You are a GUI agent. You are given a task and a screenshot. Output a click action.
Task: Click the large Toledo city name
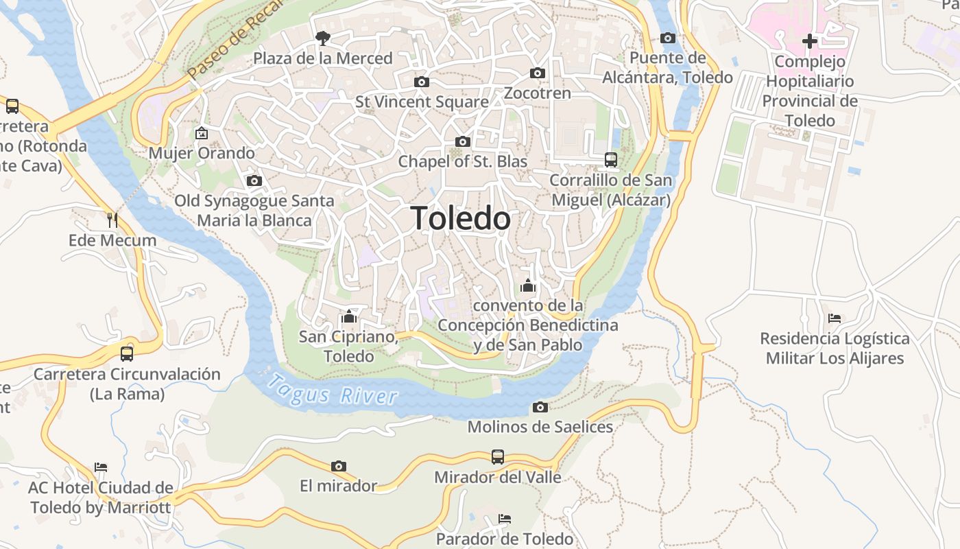point(461,218)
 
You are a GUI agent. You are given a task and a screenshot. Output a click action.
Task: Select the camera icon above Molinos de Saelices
point(540,408)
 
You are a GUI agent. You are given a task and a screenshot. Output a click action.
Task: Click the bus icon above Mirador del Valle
point(498,457)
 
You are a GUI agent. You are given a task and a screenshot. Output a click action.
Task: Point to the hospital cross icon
point(810,41)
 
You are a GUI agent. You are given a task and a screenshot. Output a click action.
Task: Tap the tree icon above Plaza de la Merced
point(322,38)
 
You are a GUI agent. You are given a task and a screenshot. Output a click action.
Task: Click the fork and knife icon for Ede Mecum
point(112,220)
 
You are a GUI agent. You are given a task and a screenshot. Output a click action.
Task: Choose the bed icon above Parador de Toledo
point(505,518)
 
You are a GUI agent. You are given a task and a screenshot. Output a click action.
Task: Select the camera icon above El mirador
point(339,467)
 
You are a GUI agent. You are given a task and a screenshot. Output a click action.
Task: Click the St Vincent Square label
point(422,102)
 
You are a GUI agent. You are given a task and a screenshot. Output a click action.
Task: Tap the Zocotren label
point(538,93)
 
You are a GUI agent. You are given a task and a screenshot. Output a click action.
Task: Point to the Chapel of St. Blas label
point(463,162)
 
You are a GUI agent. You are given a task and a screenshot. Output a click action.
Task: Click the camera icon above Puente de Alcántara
point(668,38)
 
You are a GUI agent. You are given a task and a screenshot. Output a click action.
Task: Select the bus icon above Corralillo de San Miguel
point(610,160)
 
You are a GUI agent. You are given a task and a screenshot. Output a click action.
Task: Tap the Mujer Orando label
point(202,153)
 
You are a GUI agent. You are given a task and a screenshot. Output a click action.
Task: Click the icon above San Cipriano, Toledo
point(349,316)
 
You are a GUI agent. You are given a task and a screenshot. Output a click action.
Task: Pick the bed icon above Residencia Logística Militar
point(835,318)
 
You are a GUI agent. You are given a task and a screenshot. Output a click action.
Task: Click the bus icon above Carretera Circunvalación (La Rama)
point(127,354)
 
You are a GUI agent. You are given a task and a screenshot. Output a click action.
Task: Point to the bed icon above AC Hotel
point(101,467)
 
